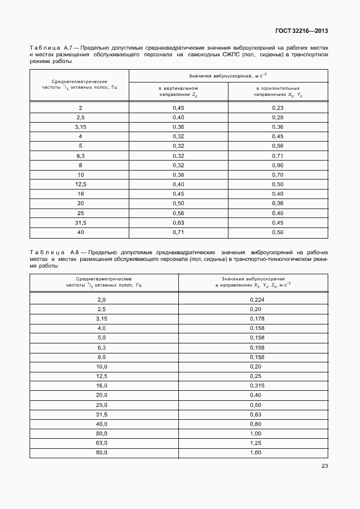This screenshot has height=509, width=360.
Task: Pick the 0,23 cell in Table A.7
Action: [278, 107]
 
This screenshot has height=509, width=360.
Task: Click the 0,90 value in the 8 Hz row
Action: [278, 165]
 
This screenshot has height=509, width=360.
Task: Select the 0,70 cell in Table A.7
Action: [278, 174]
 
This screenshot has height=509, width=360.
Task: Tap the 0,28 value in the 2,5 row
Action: [278, 117]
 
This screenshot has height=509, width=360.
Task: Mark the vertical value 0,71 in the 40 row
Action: [178, 232]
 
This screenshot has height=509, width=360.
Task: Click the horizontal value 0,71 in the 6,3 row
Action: [278, 156]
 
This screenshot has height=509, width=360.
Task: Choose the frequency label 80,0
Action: [101, 452]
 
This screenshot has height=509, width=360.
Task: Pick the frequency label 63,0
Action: [101, 443]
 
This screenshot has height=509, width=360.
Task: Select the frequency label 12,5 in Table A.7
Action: [80, 184]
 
